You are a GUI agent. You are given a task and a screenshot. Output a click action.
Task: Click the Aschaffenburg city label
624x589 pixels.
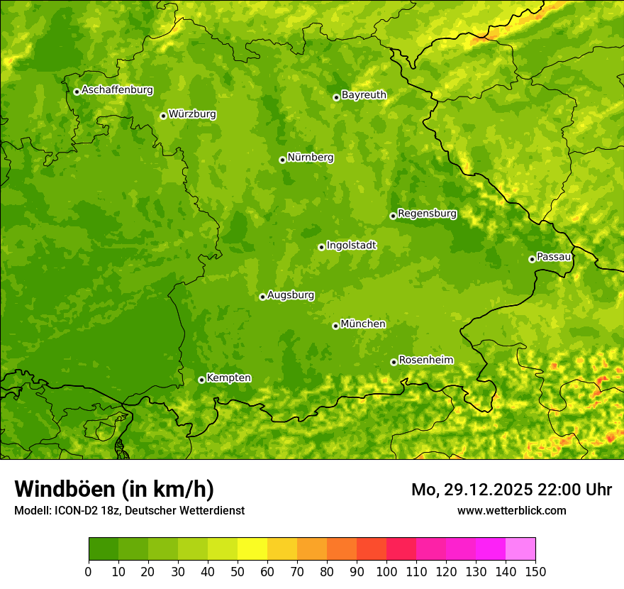pos(117,90)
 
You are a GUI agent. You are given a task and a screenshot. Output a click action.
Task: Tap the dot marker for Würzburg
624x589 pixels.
pos(163,116)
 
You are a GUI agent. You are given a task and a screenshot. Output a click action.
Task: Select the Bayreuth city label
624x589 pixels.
pos(364,95)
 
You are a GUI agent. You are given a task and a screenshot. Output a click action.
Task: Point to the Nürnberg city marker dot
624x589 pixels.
pos(282,160)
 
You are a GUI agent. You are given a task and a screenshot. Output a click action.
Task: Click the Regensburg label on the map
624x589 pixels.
pos(427,214)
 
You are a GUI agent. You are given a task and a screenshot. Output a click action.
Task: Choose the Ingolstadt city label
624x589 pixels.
pos(351,246)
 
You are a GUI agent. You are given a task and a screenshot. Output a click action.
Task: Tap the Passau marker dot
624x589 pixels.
pos(532,259)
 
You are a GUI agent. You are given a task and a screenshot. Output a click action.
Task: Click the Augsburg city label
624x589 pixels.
pos(291,295)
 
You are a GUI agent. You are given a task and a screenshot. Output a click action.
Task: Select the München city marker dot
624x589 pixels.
pos(335,326)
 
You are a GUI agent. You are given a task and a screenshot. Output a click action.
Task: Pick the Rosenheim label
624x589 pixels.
pos(425,360)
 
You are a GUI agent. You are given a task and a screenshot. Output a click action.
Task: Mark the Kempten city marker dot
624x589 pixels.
pos(201,380)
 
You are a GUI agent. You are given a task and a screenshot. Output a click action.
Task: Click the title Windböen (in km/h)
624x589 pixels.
pos(114,489)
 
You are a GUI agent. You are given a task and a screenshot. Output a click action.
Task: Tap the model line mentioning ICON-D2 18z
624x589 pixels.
pos(129,511)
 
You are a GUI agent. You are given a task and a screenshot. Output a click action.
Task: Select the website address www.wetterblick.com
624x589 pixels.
pos(511,511)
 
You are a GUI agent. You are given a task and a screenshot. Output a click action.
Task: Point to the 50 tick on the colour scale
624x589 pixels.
pos(237,571)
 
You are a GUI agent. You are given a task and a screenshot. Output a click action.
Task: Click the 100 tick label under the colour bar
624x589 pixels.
pos(386,571)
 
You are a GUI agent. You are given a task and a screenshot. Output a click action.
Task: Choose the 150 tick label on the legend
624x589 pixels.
pos(535,571)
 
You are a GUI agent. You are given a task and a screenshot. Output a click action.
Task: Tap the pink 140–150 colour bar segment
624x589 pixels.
pos(520,549)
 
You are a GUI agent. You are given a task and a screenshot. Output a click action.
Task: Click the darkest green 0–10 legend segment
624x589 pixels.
pos(104,549)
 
